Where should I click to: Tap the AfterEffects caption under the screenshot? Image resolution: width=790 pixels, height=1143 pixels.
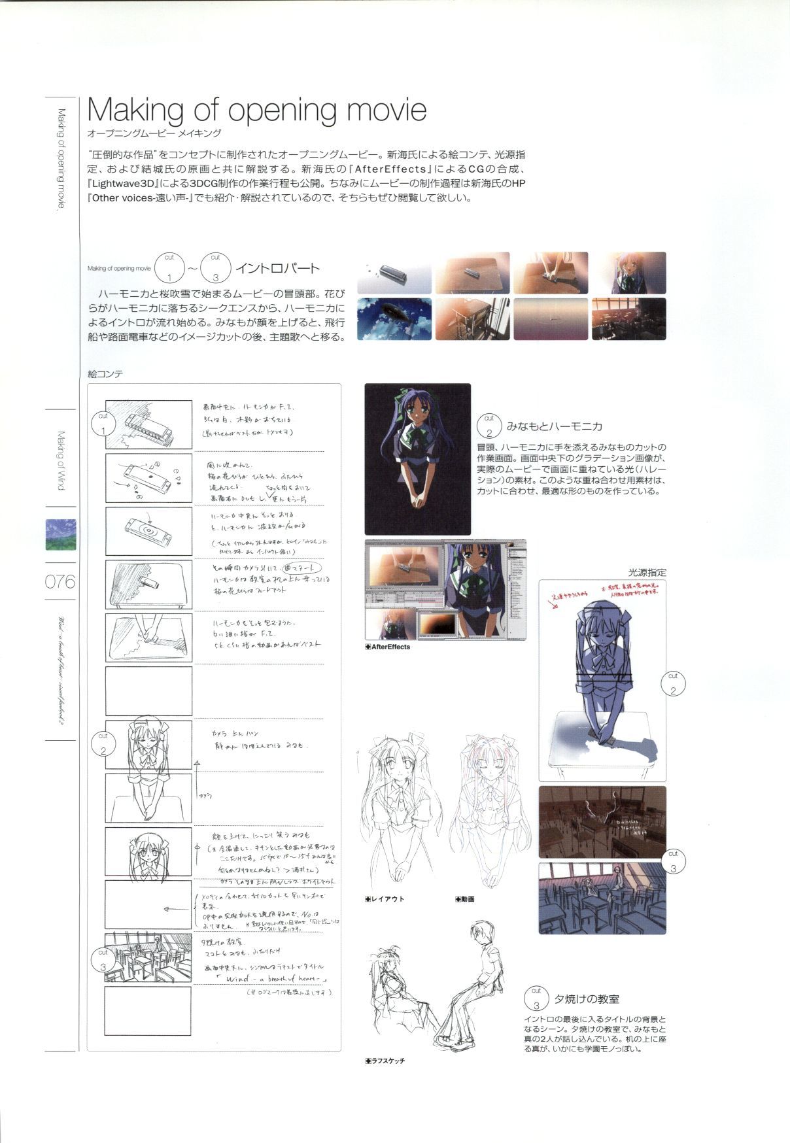tap(390, 647)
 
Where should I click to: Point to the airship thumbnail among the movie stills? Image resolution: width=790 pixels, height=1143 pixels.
tap(394, 318)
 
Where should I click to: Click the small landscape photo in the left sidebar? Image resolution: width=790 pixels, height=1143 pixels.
tap(60, 534)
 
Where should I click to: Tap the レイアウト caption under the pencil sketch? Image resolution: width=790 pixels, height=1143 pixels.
tap(386, 899)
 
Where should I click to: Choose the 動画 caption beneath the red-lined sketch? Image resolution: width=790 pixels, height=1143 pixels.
tap(466, 899)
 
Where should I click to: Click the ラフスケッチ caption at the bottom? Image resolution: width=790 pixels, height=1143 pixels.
tap(386, 1061)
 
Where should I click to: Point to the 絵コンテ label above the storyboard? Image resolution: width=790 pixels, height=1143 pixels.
tap(105, 374)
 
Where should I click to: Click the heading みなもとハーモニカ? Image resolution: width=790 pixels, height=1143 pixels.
tap(553, 426)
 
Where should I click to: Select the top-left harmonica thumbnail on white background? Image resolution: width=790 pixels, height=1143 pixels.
tap(394, 273)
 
